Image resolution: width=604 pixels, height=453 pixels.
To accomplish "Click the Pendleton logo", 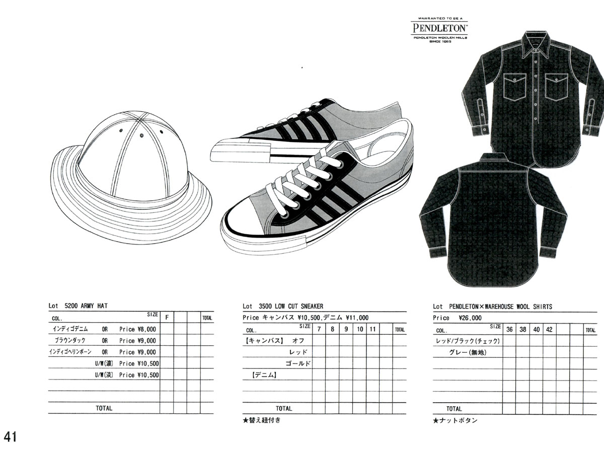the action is pos(440,30).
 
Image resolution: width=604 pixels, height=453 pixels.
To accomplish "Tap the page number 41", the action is pos(10,436).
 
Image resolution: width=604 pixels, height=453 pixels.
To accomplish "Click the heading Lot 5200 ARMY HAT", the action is pos(78,306).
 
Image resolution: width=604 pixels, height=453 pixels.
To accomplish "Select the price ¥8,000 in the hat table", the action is pos(146,329).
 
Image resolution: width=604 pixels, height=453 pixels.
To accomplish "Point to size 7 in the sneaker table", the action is pos(319,329).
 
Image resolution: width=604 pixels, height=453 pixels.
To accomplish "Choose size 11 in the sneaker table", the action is pos(372,329).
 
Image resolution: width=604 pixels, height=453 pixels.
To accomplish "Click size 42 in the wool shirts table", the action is pos(549,330).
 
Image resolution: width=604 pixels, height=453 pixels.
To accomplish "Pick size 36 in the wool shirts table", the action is pos(509,330).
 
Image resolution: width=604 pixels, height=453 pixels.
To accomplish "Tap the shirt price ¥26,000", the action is pos(470,318).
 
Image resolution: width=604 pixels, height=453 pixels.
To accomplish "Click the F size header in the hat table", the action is pos(167,318).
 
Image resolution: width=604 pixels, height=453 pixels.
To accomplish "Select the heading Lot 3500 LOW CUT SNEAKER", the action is pos(283,306).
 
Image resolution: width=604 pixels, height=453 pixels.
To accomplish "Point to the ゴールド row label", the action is pos(298,363).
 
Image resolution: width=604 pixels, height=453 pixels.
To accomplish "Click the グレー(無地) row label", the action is pos(468,352).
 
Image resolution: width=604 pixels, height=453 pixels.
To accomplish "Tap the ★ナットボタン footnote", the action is pos(455,420).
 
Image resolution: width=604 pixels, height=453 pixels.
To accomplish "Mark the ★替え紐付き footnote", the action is pos(262,420).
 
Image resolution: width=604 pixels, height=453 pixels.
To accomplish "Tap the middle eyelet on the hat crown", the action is pos(142,135).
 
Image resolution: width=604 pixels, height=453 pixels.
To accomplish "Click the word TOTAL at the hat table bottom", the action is pos(104,408).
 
